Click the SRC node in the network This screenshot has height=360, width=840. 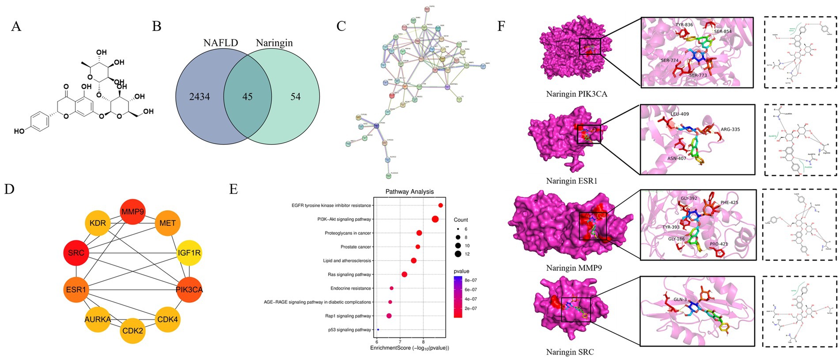coord(76,253)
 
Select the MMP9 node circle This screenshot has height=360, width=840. coord(133,212)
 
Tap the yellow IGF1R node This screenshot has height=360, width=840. coord(189,253)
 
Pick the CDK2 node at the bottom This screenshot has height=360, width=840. coord(133,330)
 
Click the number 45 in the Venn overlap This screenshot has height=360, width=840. coord(247,96)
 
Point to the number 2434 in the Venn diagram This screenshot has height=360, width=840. coord(199,96)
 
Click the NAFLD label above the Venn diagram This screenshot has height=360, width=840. coord(220,43)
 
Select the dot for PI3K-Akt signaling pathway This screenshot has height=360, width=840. coord(435,219)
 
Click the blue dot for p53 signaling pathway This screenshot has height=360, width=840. coord(378,330)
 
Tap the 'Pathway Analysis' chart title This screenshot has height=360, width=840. coord(409,192)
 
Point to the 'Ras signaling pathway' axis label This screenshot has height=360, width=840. coord(349,274)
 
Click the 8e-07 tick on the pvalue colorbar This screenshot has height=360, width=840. coord(471,280)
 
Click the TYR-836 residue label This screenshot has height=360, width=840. coord(684,25)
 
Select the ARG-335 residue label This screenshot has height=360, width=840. coord(730,129)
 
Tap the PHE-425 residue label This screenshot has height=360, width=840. coord(729,203)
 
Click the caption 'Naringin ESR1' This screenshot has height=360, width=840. coord(571,181)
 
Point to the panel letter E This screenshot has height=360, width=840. coord(234,189)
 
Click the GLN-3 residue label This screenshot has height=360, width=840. coord(680,299)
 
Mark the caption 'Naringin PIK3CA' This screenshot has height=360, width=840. coord(576,94)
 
